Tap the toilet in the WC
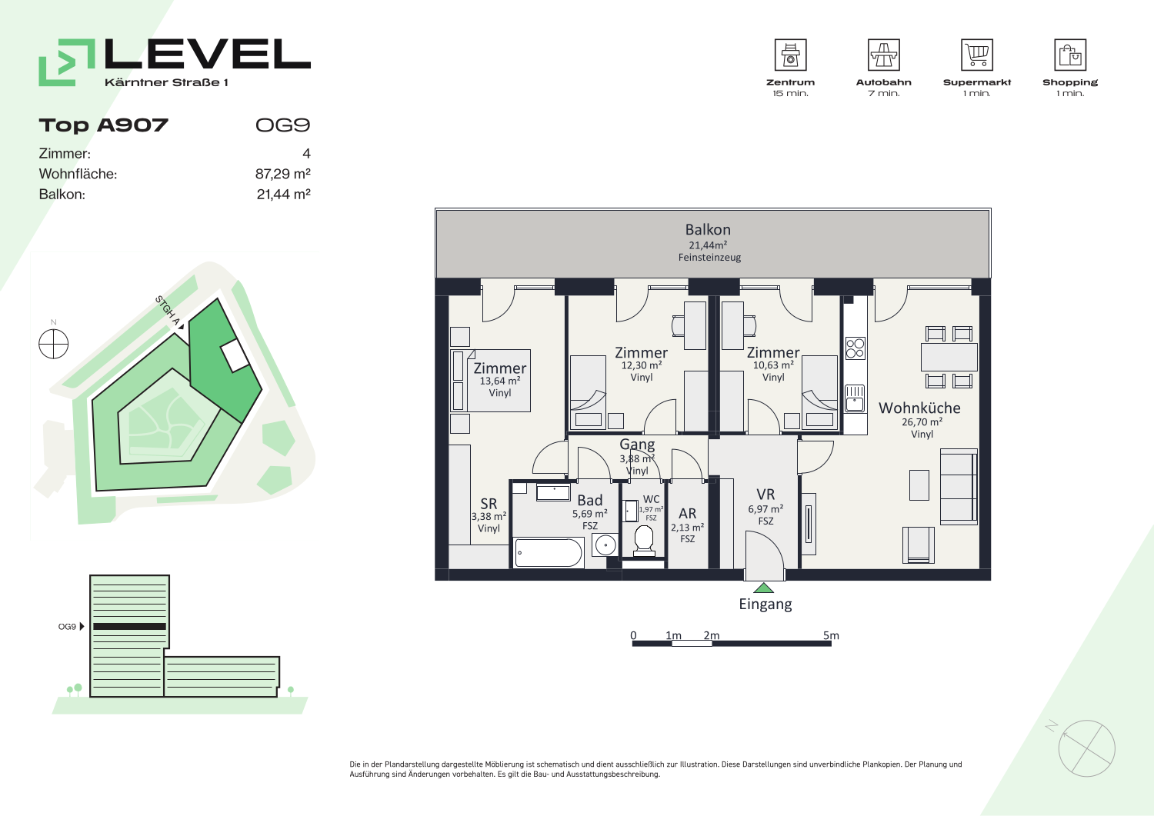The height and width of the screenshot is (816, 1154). click(x=644, y=541)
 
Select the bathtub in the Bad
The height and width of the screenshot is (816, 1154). click(x=549, y=553)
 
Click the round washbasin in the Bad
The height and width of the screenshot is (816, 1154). click(x=605, y=545)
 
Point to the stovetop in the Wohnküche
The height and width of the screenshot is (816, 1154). click(x=855, y=348)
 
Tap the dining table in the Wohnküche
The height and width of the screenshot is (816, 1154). click(x=949, y=357)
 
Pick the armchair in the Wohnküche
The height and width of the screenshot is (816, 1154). click(x=918, y=545)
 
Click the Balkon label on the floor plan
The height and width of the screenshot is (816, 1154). click(x=708, y=230)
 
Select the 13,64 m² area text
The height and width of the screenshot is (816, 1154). click(x=500, y=381)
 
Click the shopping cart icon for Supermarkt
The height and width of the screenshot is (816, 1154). click(x=977, y=55)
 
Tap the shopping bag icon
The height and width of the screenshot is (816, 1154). click(x=1070, y=55)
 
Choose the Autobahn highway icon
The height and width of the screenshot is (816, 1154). click(x=883, y=55)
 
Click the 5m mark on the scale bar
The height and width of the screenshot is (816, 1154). click(x=831, y=636)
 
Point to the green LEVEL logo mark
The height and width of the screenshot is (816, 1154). click(x=67, y=62)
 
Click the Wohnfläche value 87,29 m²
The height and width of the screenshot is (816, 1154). click(x=283, y=174)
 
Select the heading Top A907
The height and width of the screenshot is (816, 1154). click(x=104, y=125)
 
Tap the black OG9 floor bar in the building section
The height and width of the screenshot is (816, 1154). click(x=129, y=627)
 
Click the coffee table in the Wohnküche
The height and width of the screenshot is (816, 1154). click(x=919, y=485)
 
